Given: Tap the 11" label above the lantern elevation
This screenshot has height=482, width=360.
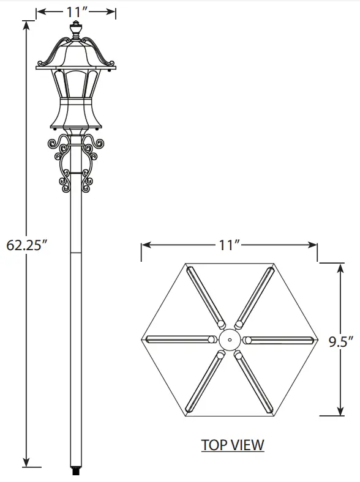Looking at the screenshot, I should (76, 10).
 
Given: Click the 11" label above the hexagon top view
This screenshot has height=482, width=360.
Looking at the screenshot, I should (229, 245).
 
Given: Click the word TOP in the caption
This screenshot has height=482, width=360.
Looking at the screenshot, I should (215, 445).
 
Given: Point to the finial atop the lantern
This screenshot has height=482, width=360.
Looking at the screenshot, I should (76, 30).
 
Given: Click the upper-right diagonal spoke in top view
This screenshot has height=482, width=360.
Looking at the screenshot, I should (254, 296).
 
